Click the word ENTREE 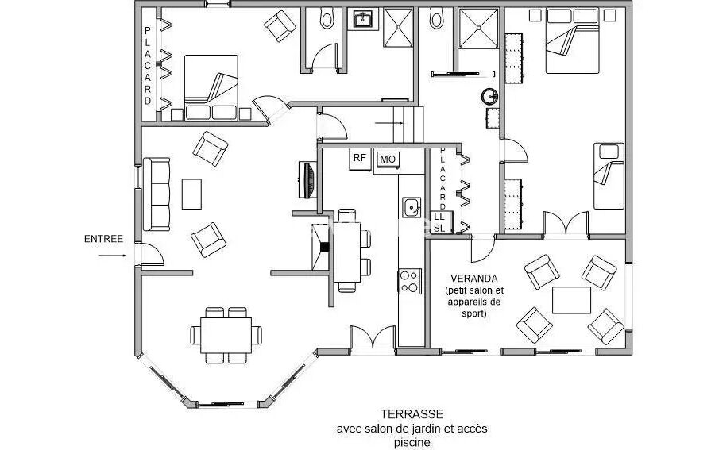(103, 239)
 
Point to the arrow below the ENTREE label (112, 256)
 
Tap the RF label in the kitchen (360, 158)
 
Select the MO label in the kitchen (388, 160)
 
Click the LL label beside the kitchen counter (439, 217)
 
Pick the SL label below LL (439, 229)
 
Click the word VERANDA (473, 279)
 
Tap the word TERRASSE (412, 414)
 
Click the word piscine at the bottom (412, 443)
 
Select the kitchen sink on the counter (412, 208)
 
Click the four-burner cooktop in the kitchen (409, 281)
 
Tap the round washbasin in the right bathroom (489, 96)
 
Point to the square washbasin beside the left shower (364, 19)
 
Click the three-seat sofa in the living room (157, 194)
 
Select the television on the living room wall (307, 180)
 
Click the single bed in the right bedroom (609, 176)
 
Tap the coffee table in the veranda (571, 300)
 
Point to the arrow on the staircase (389, 123)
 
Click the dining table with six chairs (226, 335)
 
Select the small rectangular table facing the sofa (191, 194)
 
